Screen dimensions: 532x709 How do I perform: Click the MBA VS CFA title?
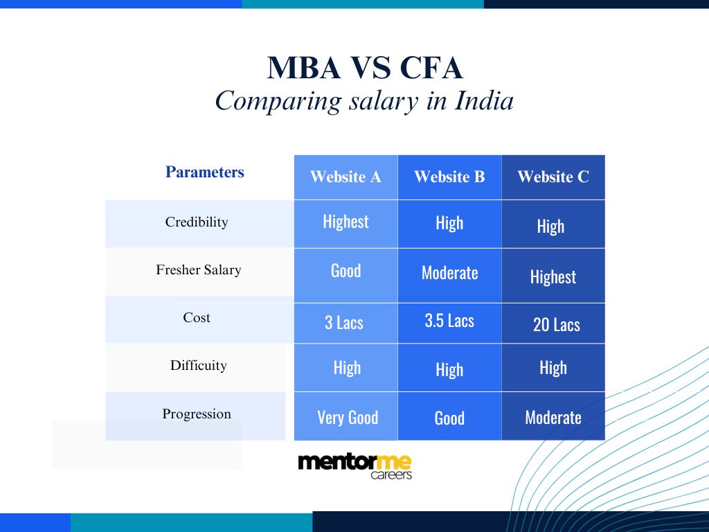pos(365,69)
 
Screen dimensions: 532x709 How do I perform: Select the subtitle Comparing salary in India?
pos(364,101)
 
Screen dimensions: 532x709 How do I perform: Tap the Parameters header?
pos(204,172)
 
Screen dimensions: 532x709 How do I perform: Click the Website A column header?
pos(345,177)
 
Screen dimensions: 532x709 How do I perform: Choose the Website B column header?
pos(449,177)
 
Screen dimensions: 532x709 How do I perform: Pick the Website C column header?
pos(553,177)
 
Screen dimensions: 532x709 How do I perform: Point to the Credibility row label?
pos(197,222)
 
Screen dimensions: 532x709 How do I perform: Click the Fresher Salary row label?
pos(199,270)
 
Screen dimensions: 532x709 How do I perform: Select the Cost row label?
pos(197,318)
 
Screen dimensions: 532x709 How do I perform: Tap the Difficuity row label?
pos(199,366)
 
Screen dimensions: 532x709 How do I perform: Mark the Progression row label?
pos(197,414)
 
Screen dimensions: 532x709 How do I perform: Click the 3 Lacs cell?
pos(344,323)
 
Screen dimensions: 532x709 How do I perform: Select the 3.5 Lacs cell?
pos(449,321)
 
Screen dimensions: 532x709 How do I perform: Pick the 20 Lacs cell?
pos(556,325)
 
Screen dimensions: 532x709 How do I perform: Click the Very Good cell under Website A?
pos(348,418)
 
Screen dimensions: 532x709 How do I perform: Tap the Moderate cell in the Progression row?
pos(553,418)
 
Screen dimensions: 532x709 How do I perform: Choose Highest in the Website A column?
pos(345,222)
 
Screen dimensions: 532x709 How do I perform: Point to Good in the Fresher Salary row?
pos(345,271)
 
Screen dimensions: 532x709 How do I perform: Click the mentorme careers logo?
pos(354,466)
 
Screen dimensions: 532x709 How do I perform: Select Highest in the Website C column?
pos(553,277)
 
